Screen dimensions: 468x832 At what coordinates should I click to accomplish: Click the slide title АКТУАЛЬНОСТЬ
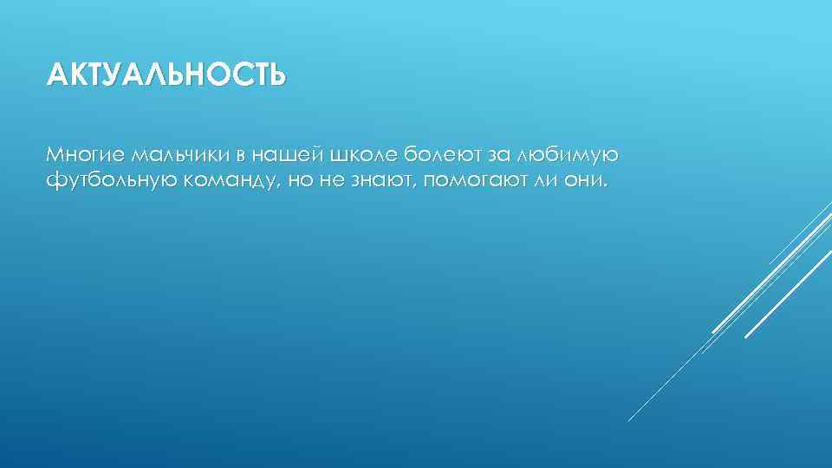click(166, 75)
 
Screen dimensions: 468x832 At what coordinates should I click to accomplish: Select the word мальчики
click(179, 155)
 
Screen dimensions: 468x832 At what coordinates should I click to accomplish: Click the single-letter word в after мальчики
click(239, 156)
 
